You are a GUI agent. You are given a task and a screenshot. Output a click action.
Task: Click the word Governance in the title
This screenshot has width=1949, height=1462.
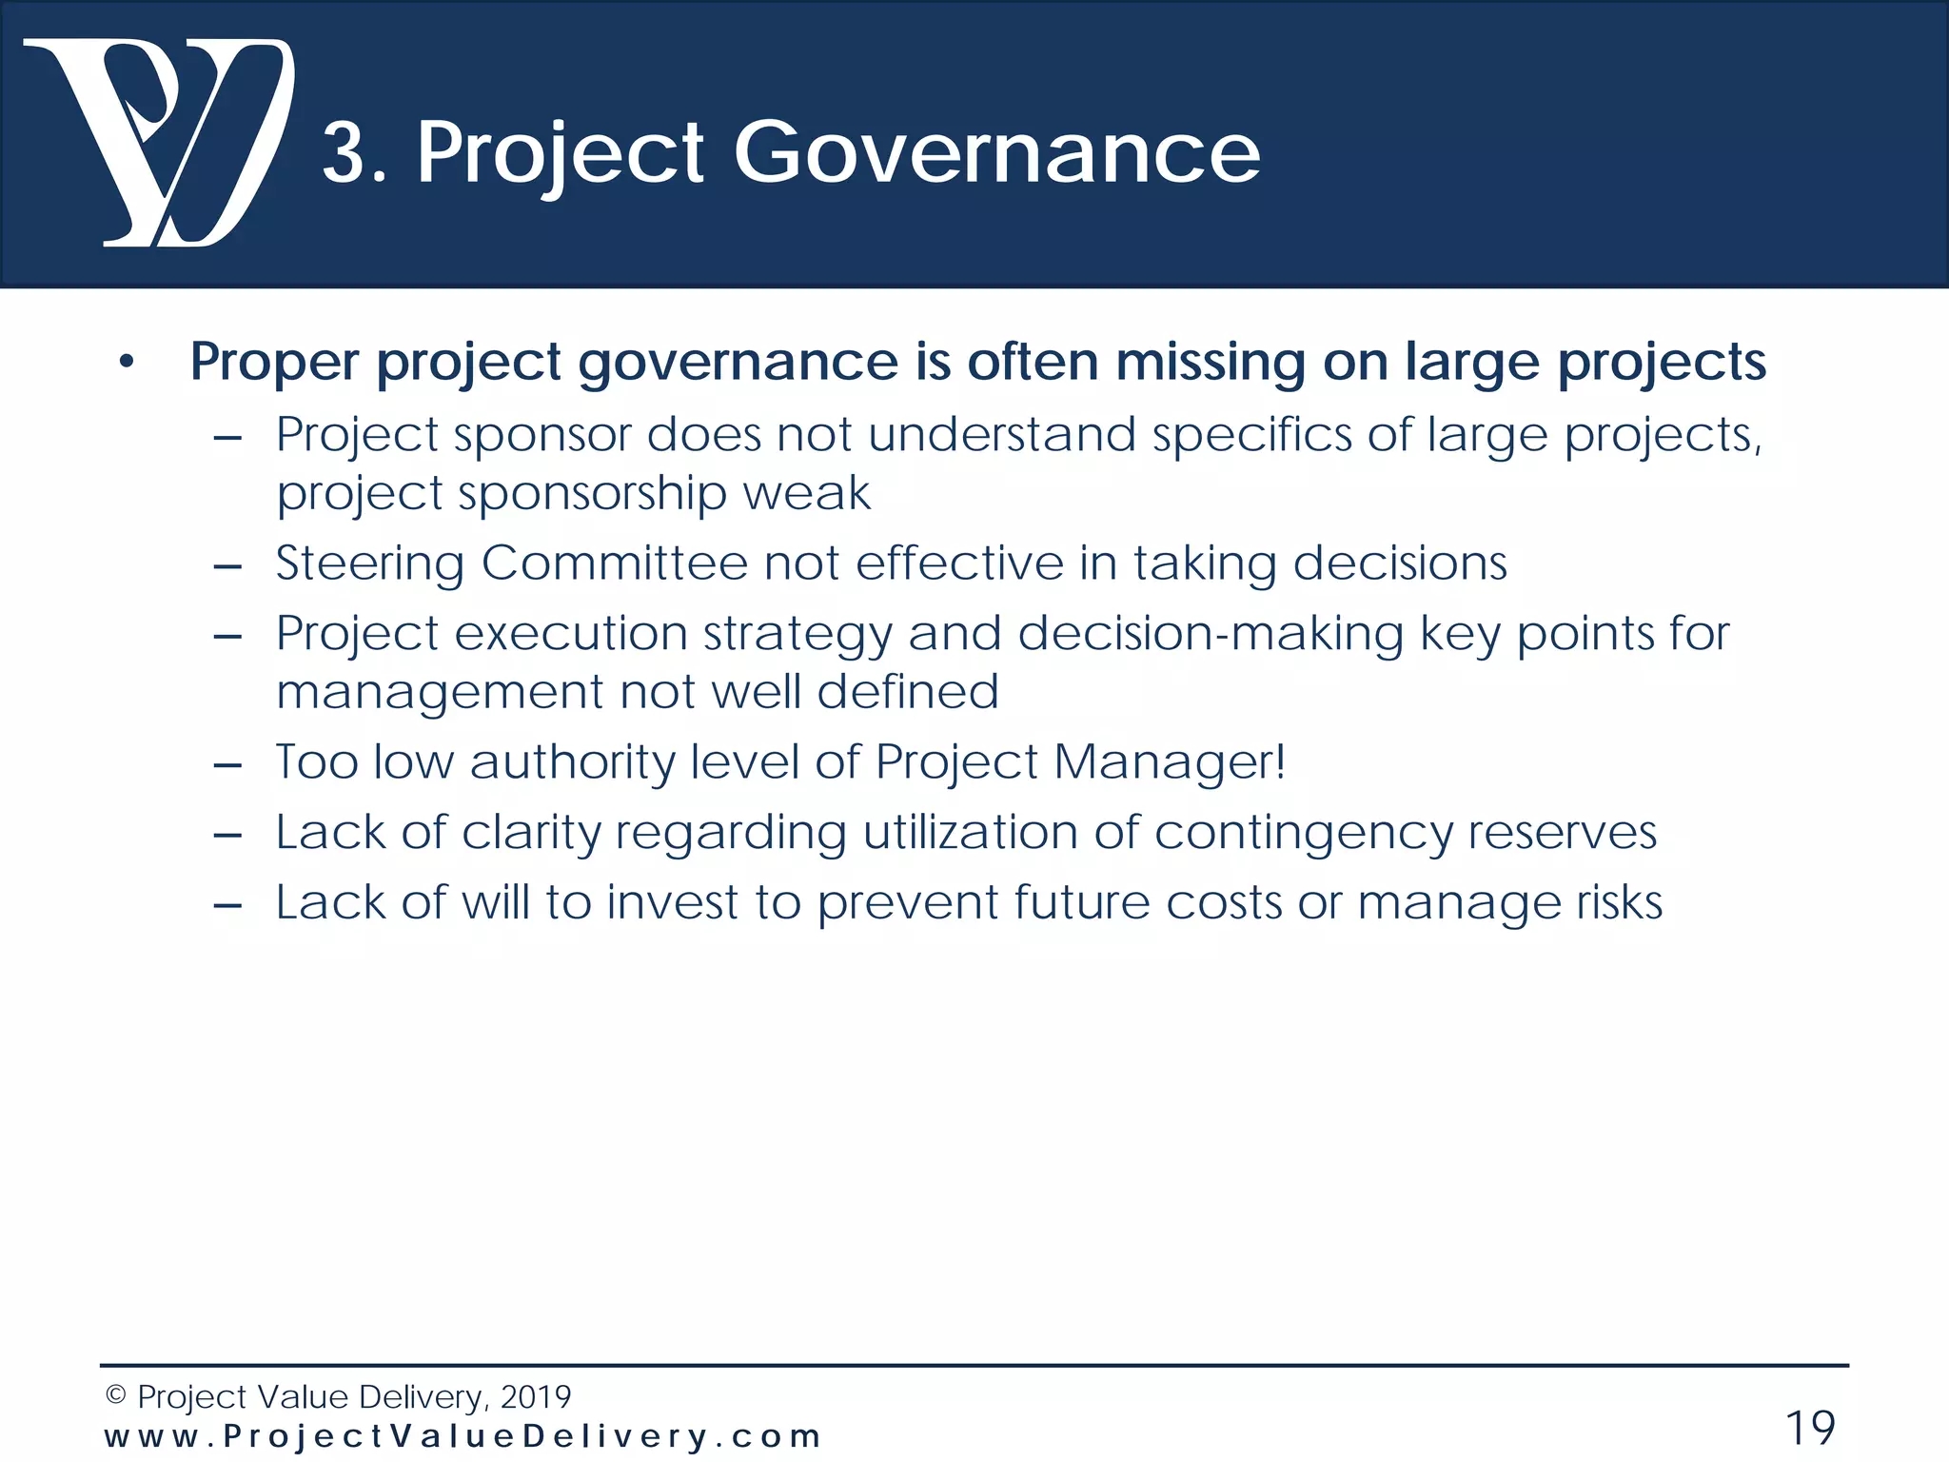click(x=996, y=152)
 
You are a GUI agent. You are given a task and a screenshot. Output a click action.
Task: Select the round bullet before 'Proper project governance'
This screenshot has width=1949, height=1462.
click(x=127, y=364)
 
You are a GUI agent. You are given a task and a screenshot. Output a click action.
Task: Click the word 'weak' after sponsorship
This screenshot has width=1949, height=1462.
click(x=806, y=494)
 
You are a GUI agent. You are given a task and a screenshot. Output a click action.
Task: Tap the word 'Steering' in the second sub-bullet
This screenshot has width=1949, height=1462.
click(x=369, y=563)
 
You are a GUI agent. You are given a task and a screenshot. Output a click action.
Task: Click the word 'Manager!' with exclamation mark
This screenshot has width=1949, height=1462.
click(x=1170, y=762)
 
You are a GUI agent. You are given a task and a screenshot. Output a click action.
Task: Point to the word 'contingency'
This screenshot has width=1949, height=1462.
click(x=1303, y=833)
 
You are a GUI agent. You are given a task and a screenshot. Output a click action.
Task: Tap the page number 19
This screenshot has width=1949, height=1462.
click(x=1809, y=1428)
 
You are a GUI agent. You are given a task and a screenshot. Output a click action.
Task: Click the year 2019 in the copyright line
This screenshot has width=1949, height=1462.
click(x=535, y=1397)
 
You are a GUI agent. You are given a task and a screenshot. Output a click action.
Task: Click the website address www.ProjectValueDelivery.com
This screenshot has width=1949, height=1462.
click(x=463, y=1436)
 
